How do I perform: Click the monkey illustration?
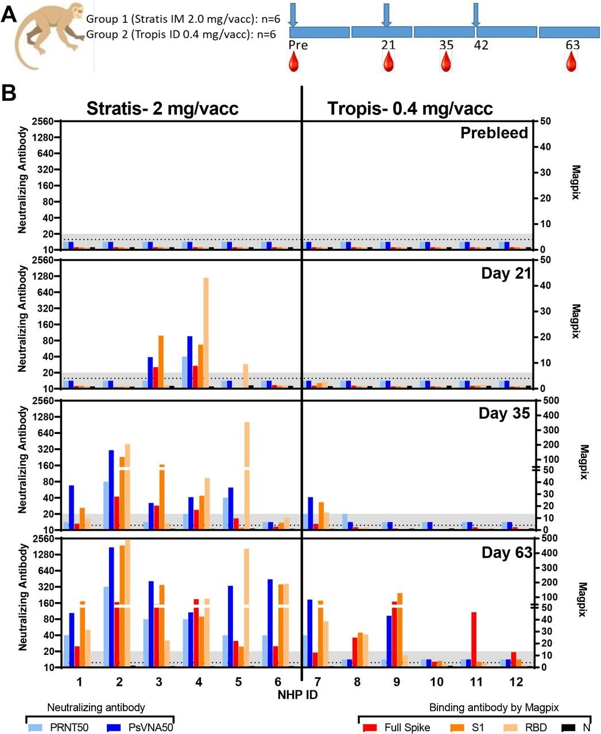pyautogui.click(x=48, y=37)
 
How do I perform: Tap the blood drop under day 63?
pyautogui.click(x=571, y=61)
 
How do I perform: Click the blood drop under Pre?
pyautogui.click(x=294, y=61)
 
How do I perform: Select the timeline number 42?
pyautogui.click(x=481, y=45)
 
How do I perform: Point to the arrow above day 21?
pyautogui.click(x=387, y=14)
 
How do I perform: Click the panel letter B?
pyautogui.click(x=10, y=93)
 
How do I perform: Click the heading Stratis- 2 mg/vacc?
pyautogui.click(x=162, y=108)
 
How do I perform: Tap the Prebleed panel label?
pyautogui.click(x=494, y=133)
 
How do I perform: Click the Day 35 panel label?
pyautogui.click(x=504, y=413)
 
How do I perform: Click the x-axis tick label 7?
pyautogui.click(x=317, y=681)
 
